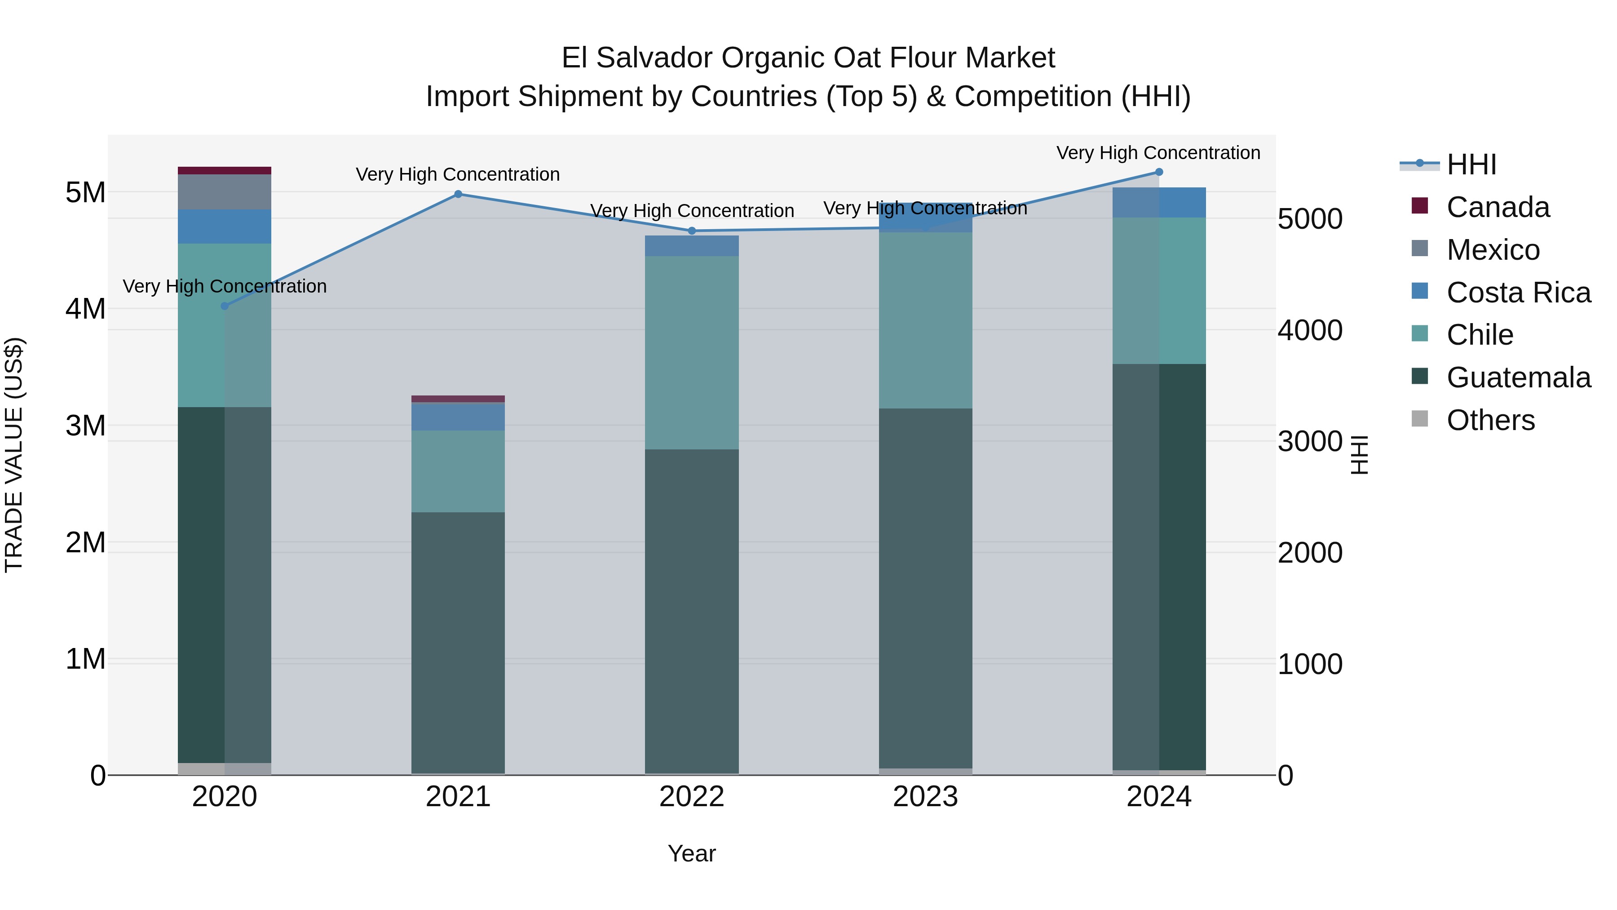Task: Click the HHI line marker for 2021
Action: [458, 194]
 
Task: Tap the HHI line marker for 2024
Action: [1159, 172]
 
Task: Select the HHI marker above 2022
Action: [692, 231]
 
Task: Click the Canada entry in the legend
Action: [1498, 207]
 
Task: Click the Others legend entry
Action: [1490, 420]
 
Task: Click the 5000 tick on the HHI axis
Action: [1310, 219]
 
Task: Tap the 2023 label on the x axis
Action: [925, 797]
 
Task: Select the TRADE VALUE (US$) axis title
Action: [14, 455]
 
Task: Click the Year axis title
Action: [692, 853]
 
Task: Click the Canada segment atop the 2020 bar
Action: [225, 171]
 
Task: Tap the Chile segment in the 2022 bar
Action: [692, 352]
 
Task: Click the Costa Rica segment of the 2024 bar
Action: [1159, 203]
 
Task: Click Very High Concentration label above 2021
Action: [458, 175]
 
